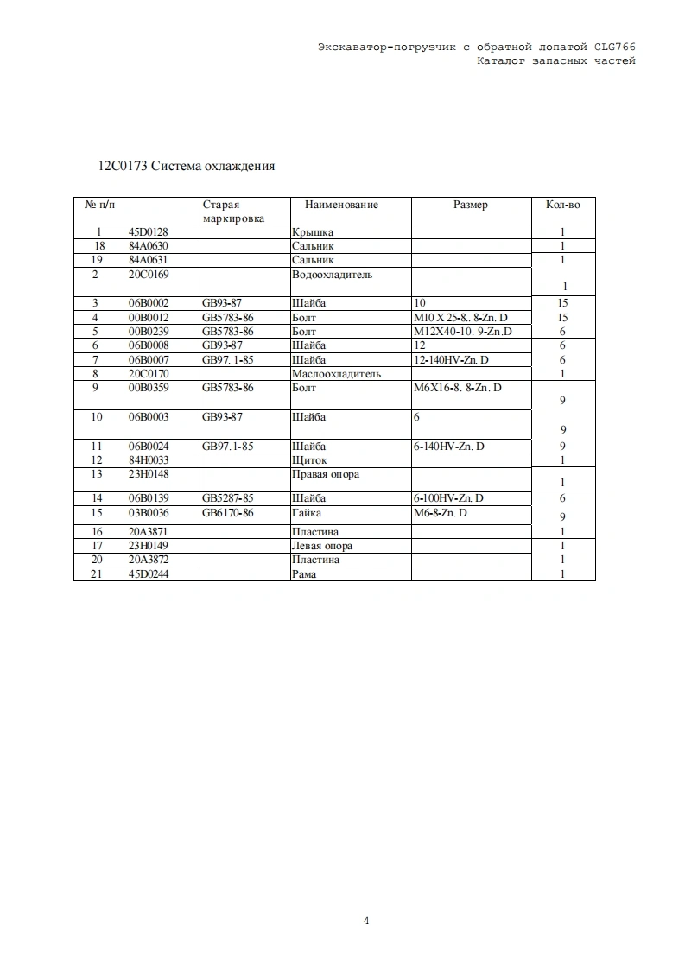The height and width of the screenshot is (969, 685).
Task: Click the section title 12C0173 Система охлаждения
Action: coord(187,166)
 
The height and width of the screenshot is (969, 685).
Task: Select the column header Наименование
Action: coord(341,206)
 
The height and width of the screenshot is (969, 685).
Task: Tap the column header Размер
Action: coord(471,206)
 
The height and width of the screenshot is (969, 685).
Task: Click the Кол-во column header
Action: coord(562,206)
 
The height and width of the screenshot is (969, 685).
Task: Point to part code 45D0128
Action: coord(148,232)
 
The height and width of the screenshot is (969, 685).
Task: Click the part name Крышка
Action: coord(313,232)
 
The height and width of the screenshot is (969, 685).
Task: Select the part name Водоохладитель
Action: coord(333,275)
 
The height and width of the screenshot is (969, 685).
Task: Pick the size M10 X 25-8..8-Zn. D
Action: coord(461,318)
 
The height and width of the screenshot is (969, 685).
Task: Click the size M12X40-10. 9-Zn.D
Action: coord(463,332)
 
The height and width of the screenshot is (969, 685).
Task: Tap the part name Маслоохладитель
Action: coord(337,374)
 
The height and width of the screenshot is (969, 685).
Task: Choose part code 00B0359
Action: coord(149,388)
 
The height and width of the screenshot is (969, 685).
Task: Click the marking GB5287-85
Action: coord(228,498)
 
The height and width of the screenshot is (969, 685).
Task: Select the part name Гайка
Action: coord(307,513)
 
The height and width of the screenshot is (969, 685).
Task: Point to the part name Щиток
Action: coord(309,460)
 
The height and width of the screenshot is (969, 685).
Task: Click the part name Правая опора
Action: coord(326,474)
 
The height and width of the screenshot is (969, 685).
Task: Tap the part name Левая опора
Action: coord(322,546)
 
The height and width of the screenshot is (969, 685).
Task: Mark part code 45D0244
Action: coord(149,574)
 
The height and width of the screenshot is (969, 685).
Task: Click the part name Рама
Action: coord(304,574)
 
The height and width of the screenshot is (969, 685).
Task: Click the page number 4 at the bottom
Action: coord(367,921)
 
